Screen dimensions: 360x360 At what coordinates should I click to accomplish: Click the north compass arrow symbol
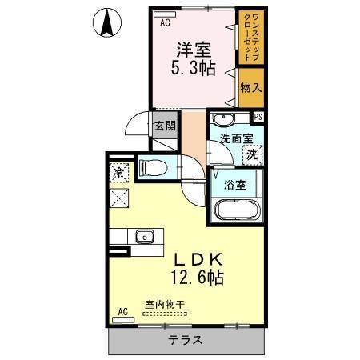[x=107, y=21]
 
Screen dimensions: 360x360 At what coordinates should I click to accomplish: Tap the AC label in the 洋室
[x=166, y=22]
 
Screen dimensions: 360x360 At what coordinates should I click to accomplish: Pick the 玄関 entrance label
[x=166, y=126]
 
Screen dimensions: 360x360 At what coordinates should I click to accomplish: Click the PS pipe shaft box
[x=258, y=117]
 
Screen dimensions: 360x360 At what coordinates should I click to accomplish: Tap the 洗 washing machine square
[x=252, y=154]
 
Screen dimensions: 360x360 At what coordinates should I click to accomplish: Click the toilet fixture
[x=155, y=167]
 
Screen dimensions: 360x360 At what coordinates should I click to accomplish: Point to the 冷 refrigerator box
[x=119, y=171]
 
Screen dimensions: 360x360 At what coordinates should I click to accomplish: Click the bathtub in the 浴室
[x=238, y=211]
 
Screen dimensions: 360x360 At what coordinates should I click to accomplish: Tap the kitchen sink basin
[x=145, y=236]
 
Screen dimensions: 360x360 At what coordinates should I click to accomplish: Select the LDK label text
[x=195, y=260]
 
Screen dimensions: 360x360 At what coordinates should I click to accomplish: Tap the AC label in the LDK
[x=122, y=311]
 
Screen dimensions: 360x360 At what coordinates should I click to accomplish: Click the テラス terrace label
[x=185, y=340]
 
